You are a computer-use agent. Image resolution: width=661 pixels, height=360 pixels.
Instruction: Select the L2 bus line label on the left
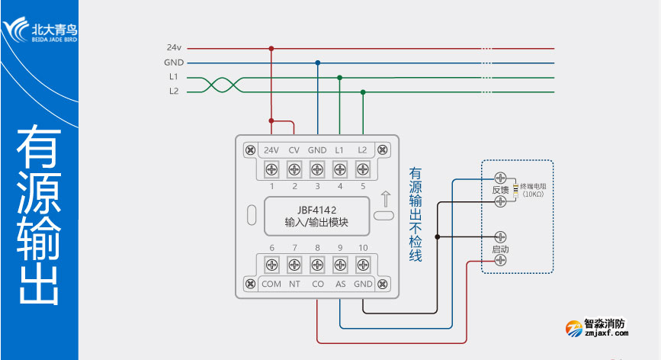coord(174,92)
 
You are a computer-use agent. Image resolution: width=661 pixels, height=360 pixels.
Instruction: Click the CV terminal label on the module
coord(294,150)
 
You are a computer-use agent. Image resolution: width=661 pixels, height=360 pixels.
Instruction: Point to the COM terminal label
coord(271,284)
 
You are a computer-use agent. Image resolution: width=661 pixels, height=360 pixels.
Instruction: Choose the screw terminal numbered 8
coord(317,265)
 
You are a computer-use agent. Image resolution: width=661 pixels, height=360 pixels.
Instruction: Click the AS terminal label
coord(340,284)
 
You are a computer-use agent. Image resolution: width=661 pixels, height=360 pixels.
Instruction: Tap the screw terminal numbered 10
coord(363,265)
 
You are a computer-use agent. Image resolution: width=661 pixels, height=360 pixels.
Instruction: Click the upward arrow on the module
coord(385,200)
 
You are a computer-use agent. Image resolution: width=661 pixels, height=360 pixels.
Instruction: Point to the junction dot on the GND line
coord(318,63)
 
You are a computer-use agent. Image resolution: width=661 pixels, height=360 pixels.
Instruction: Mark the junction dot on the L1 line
coord(340,77)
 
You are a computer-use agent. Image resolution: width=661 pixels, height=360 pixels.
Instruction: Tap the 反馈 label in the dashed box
coord(499,189)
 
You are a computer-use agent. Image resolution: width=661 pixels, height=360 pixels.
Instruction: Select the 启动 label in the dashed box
coord(500,249)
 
